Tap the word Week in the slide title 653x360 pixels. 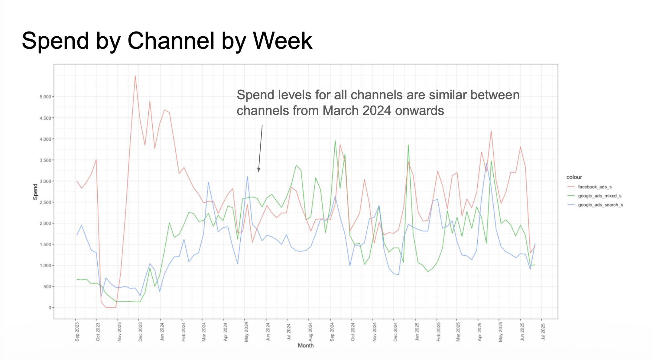tap(283, 41)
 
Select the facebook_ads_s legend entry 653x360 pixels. tap(595, 187)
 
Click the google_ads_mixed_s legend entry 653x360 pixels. tap(599, 196)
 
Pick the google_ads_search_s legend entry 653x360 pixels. tap(600, 205)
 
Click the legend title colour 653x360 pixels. tap(574, 177)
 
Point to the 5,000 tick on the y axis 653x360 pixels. tap(45, 97)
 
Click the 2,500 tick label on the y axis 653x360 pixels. tap(45, 202)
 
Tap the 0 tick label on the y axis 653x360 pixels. tap(50, 308)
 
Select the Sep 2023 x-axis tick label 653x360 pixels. tap(77, 332)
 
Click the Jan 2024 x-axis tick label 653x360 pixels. tap(162, 332)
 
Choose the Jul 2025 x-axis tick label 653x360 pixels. tap(543, 332)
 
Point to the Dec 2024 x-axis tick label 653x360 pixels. tap(395, 332)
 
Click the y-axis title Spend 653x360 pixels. tap(35, 192)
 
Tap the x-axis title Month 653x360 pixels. tap(306, 345)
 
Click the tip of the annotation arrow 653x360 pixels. tap(258, 171)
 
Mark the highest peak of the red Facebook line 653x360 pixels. tap(135, 76)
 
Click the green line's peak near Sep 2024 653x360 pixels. tap(335, 140)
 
